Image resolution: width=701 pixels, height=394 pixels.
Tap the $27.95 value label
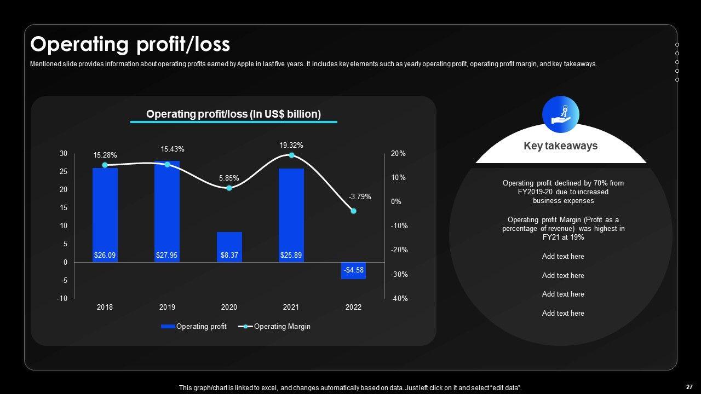[x=167, y=256]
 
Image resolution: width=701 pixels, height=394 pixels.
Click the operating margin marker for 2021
[x=291, y=155]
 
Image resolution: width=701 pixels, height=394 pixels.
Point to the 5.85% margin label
[x=229, y=178]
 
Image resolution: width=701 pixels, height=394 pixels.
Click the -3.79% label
[x=360, y=197]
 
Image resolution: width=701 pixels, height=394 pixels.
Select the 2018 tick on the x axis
[x=105, y=308]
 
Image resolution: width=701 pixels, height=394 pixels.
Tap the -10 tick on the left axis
[x=64, y=298]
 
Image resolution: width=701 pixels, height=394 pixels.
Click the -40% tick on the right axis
[x=399, y=298]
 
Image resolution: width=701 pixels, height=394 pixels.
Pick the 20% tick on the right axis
[x=398, y=154]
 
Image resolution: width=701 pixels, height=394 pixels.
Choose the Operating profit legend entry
[x=194, y=327]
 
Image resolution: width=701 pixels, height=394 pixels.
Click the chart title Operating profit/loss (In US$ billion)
[x=233, y=114]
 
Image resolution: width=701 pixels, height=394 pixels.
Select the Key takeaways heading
[x=560, y=146]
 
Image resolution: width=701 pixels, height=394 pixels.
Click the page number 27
[x=689, y=387]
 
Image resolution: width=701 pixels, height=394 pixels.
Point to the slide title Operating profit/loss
[x=130, y=44]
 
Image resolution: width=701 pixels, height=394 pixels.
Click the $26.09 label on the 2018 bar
[x=105, y=256]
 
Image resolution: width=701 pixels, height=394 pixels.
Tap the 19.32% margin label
[x=291, y=146]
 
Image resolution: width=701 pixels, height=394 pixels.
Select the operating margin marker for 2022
[x=353, y=211]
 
